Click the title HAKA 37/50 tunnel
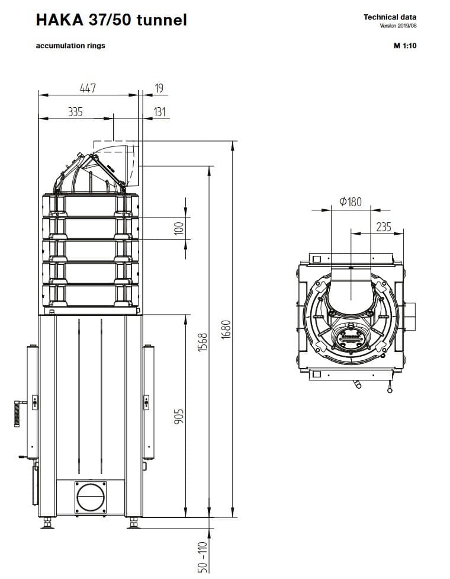(111, 20)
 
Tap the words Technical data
(390, 17)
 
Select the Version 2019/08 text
(398, 26)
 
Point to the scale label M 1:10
(405, 46)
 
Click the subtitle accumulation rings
(70, 46)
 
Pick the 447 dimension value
(88, 88)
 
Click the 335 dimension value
(75, 111)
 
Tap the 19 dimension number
(159, 88)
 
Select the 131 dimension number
(160, 111)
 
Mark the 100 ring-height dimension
(179, 229)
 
